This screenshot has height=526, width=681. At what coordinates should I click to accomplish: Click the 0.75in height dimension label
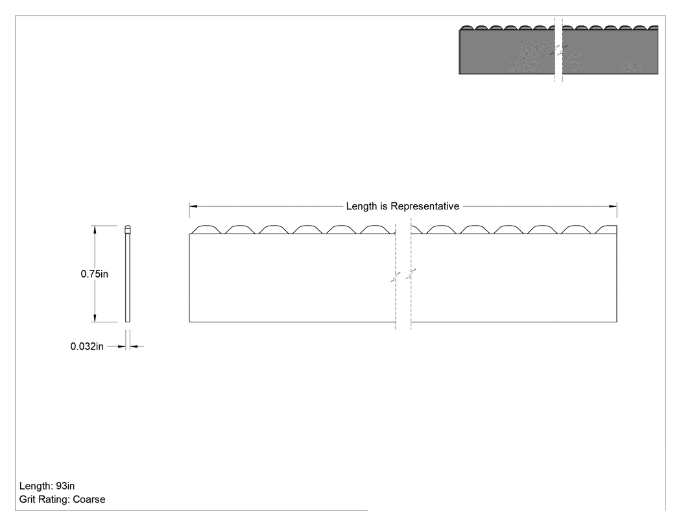pyautogui.click(x=94, y=274)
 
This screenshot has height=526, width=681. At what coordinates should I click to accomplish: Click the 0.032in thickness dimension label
pyautogui.click(x=87, y=346)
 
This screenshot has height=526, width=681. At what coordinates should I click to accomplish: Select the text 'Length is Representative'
pyautogui.click(x=403, y=206)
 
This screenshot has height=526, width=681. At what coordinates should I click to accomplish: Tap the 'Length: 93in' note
pyautogui.click(x=47, y=486)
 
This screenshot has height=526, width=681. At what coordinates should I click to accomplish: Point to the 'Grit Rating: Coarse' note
pyautogui.click(x=62, y=499)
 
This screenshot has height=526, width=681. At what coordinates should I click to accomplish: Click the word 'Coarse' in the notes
pyautogui.click(x=89, y=499)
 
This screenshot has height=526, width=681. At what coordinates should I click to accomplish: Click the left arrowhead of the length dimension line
pyautogui.click(x=193, y=206)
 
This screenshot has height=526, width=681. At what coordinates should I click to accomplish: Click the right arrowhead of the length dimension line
pyautogui.click(x=613, y=206)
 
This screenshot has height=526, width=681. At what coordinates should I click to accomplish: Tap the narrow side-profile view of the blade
pyautogui.click(x=128, y=274)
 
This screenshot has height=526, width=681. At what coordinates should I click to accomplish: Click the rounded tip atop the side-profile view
pyautogui.click(x=128, y=229)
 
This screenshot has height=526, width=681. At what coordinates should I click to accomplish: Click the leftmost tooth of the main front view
pyautogui.click(x=206, y=230)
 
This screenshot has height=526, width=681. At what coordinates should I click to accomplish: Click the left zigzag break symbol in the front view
pyautogui.click(x=395, y=277)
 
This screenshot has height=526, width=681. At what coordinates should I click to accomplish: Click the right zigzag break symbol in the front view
pyautogui.click(x=411, y=274)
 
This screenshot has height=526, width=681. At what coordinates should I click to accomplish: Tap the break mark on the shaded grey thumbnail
pyautogui.click(x=558, y=51)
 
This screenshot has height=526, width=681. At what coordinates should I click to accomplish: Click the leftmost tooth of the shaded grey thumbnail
pyautogui.click(x=466, y=29)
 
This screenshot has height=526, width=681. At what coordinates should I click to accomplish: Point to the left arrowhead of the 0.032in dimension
pyautogui.click(x=122, y=346)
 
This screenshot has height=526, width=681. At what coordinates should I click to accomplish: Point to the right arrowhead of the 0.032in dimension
pyautogui.click(x=134, y=346)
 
